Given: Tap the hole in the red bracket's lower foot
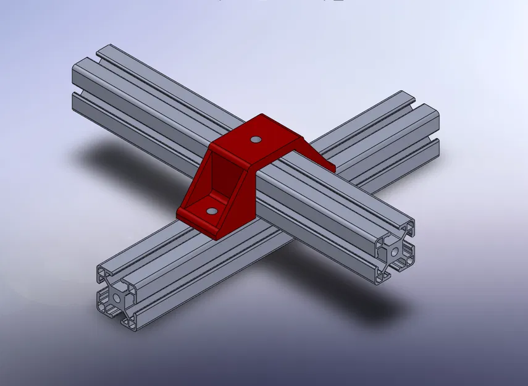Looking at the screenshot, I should (x=212, y=211).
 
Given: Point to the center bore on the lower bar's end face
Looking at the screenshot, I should (x=117, y=297).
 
